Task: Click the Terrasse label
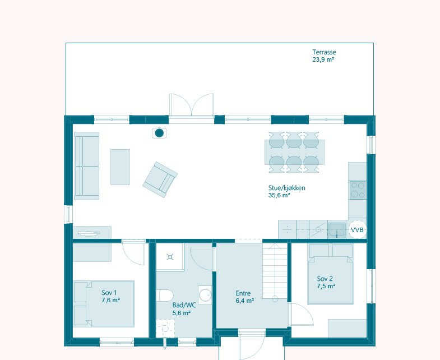324,52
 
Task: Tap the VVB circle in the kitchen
357,230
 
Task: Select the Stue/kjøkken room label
286,188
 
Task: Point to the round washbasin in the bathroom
205,295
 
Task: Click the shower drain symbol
170,257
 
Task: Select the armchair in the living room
160,179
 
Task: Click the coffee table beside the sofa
120,167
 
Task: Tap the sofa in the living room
87,166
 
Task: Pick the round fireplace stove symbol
159,133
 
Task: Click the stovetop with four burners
358,190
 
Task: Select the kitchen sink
337,230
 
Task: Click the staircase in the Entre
275,271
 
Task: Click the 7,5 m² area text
326,286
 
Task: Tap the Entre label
243,293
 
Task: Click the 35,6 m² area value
279,195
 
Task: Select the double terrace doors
191,105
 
